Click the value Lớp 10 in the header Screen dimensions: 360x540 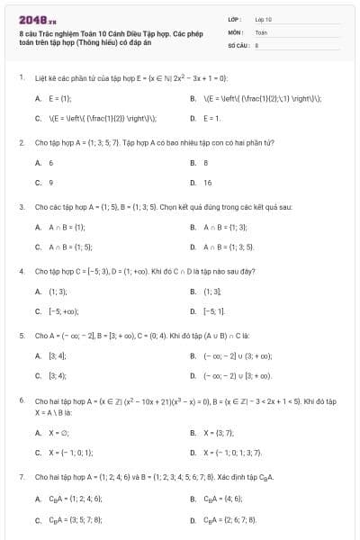coord(263,18)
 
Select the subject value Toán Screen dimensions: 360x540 coord(261,31)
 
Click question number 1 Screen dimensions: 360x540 coord(21,77)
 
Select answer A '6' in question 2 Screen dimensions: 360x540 coord(50,163)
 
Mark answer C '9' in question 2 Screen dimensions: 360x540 coord(50,183)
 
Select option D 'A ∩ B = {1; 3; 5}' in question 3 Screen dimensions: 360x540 coord(229,246)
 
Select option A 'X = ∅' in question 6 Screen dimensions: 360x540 coord(58,432)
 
